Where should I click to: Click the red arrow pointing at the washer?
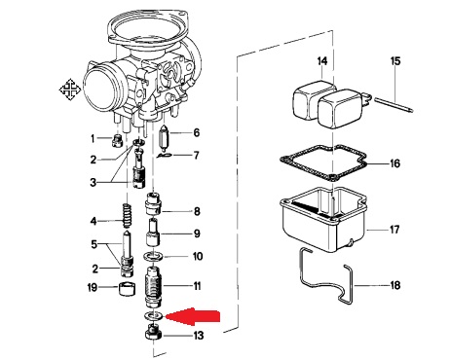pyautogui.click(x=193, y=316)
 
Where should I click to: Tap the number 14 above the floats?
pyautogui.click(x=322, y=61)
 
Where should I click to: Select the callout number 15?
pyautogui.click(x=395, y=61)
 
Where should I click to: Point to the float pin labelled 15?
pyautogui.click(x=394, y=105)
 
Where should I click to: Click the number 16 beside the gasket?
pyautogui.click(x=394, y=163)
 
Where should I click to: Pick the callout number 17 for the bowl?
pyautogui.click(x=394, y=230)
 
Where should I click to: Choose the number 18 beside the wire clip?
pyautogui.click(x=395, y=285)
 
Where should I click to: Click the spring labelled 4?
pyautogui.click(x=127, y=216)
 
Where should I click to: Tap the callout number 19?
pyautogui.click(x=93, y=287)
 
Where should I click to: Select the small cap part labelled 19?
pyautogui.click(x=127, y=289)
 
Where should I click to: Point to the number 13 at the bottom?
pyautogui.click(x=199, y=335)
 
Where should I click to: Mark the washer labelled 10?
pyautogui.click(x=154, y=256)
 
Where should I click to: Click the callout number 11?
pyautogui.click(x=197, y=286)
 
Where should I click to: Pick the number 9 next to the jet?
pyautogui.click(x=197, y=234)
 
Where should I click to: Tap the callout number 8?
pyautogui.click(x=197, y=211)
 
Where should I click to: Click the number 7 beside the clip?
pyautogui.click(x=196, y=156)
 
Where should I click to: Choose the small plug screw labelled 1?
pyautogui.click(x=117, y=141)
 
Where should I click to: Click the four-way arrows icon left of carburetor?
pyautogui.click(x=70, y=90)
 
